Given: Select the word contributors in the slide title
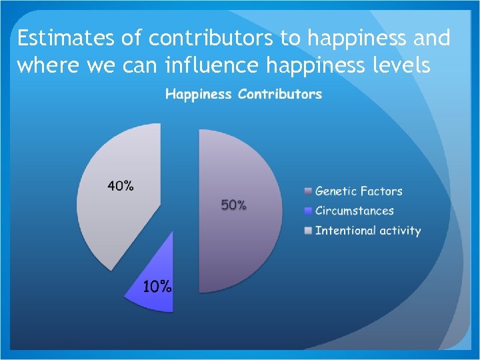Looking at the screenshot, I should coord(211,39).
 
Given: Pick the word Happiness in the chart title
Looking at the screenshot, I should coord(199,94).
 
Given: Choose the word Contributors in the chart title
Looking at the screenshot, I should coord(280,94).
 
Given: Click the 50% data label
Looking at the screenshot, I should coord(234,205).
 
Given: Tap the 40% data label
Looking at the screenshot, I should coord(121,186).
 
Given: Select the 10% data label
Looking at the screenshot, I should coord(158,287).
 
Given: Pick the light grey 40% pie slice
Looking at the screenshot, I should coord(113,220).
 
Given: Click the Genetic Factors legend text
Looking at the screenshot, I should coord(359,191).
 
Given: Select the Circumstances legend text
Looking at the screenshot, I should coord(354,211).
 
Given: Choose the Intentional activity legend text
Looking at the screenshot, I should coord(367,231).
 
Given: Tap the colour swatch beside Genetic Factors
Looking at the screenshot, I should coord(307,191).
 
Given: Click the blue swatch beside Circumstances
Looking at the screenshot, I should coord(307,211).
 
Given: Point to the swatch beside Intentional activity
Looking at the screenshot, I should coord(307,231).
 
